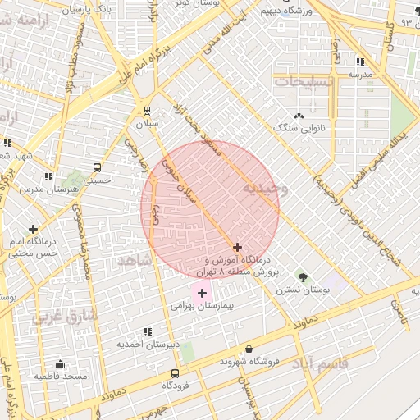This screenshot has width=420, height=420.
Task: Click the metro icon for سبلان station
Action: coord(148,110)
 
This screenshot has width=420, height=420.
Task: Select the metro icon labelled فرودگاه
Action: coord(175,372)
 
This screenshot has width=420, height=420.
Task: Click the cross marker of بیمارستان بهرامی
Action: coord(202,293)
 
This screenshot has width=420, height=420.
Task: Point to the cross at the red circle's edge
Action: coord(238,247)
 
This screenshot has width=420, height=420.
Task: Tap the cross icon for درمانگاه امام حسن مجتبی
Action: coord(33,229)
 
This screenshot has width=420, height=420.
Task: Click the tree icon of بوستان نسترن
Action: coord(302,276)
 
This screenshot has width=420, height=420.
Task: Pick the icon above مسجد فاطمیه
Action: coord(59,363)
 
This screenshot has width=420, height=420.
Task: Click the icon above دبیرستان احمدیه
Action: coord(148,331)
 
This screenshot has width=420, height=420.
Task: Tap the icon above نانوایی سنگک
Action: coord(299,116)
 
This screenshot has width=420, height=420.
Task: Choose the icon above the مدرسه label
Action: coord(359,62)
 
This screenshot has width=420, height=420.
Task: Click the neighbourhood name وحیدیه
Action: coord(264,189)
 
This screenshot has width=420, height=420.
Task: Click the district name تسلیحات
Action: coord(304,82)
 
